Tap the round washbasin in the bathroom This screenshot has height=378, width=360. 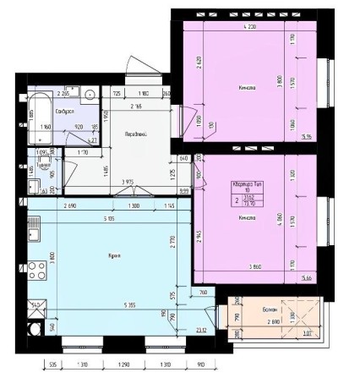89,95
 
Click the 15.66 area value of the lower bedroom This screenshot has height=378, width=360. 306,276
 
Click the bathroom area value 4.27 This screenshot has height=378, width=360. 94,140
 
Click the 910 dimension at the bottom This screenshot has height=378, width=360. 199,367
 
